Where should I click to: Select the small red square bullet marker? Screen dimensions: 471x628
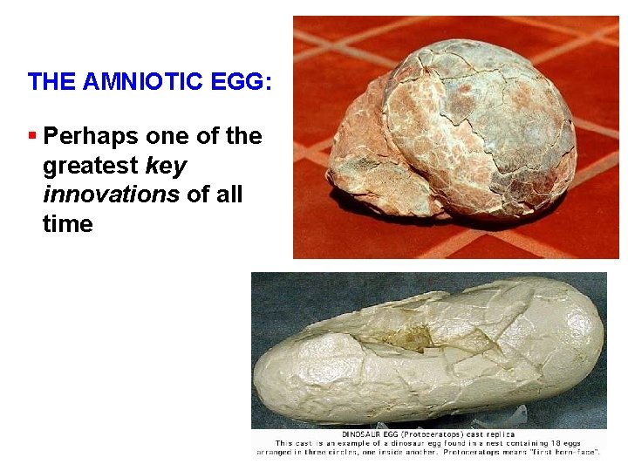point(32,135)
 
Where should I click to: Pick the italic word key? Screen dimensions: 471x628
point(168,166)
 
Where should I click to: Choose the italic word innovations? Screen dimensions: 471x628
point(111,195)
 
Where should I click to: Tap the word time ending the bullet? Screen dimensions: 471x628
point(67,224)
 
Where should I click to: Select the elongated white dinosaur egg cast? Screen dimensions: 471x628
point(427,358)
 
